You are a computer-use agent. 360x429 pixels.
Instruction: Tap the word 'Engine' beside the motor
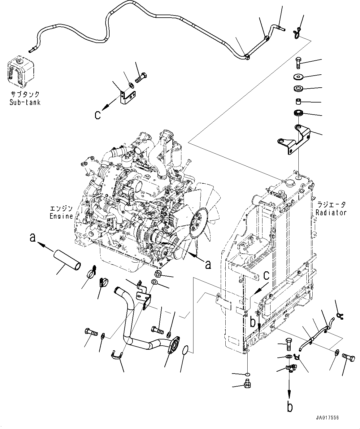(x=61, y=216)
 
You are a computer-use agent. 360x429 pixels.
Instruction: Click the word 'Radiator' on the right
(x=331, y=213)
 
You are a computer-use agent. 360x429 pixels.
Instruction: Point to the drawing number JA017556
(x=327, y=418)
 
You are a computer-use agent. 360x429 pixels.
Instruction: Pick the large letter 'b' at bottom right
(x=289, y=406)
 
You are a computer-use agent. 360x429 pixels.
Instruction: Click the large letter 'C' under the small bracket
(x=98, y=116)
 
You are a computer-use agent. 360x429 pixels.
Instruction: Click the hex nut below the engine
(x=158, y=273)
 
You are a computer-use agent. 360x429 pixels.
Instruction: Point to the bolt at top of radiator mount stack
(x=298, y=63)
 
